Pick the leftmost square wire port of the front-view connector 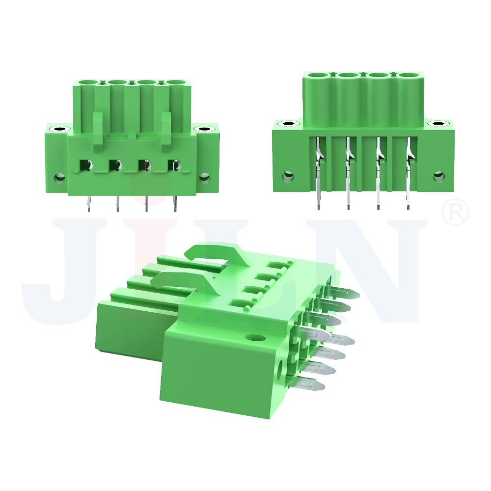pyautogui.click(x=86, y=165)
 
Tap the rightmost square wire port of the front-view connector pyautogui.click(x=175, y=165)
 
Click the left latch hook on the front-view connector pyautogui.click(x=98, y=129)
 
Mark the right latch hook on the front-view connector pyautogui.click(x=166, y=129)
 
